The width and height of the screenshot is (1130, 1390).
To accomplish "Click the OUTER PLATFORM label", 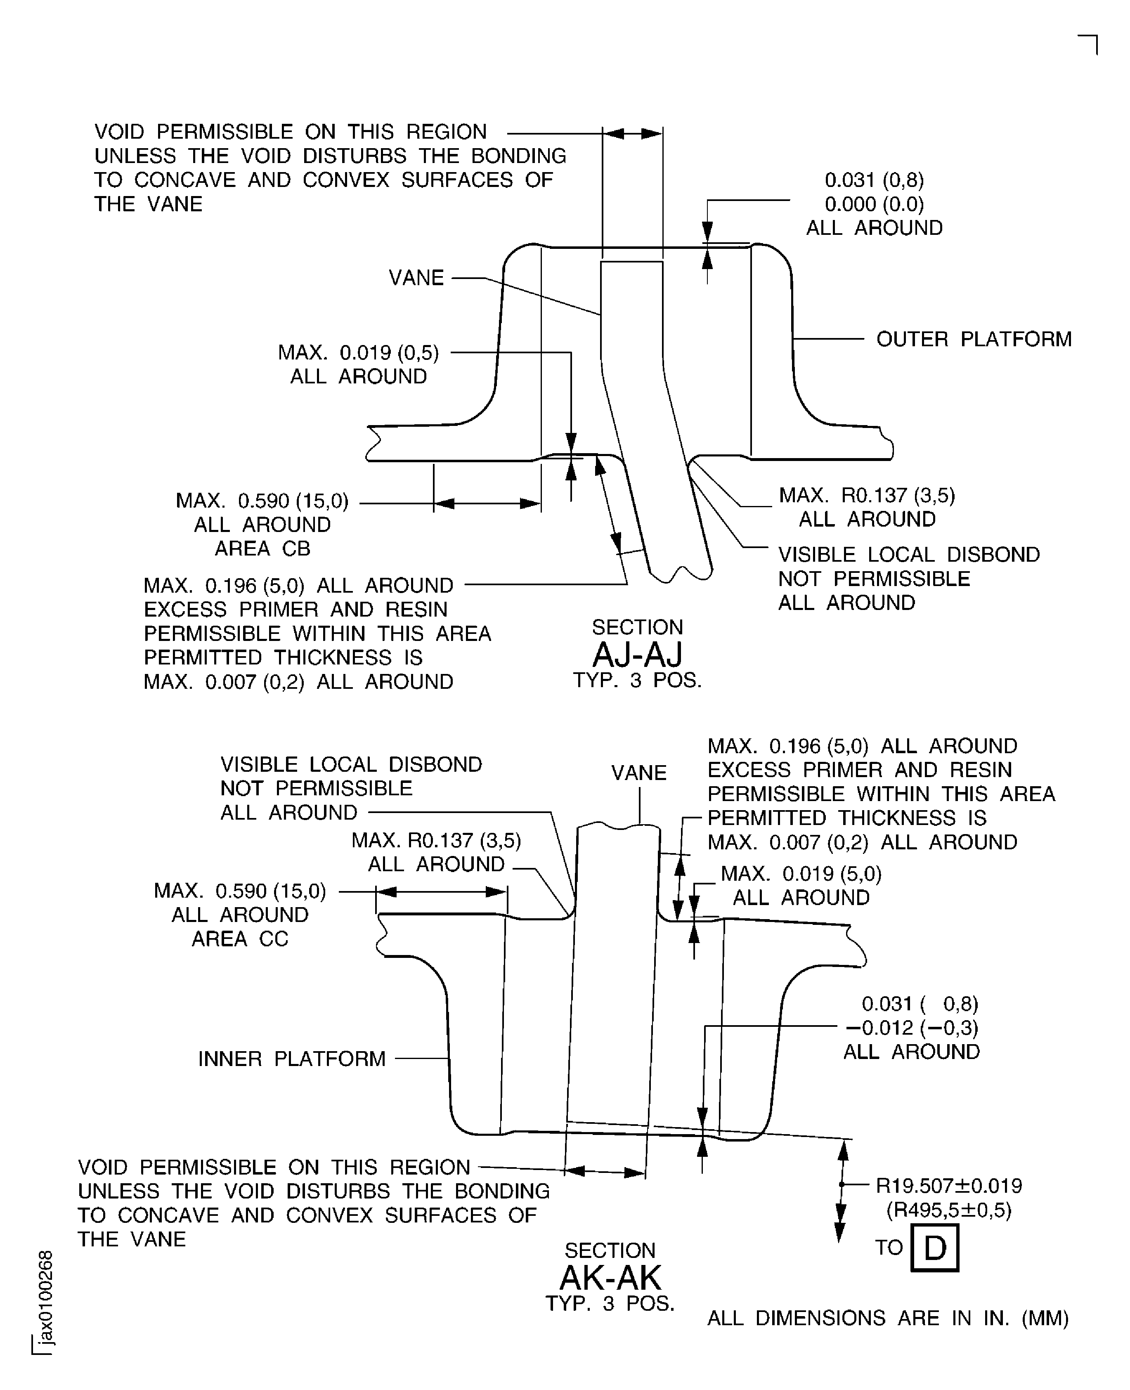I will pos(973,339).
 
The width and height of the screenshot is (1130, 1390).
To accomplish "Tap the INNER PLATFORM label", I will pos(292,1059).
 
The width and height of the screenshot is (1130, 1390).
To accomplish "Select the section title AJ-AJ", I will pos(637,655).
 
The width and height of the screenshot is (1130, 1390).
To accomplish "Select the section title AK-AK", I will pos(610,1278).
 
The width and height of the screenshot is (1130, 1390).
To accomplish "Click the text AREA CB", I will pos(262,548).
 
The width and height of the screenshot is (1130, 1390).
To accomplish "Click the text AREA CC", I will pos(239,938).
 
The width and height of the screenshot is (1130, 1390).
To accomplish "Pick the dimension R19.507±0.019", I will pos(948,1186).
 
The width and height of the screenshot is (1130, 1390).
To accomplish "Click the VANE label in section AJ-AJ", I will pos(416,278).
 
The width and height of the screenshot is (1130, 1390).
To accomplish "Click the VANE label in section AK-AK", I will pos(638,773).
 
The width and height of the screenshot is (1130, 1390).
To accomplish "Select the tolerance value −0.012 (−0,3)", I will pos(911,1028).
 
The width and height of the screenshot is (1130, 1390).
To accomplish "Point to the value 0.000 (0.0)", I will pos(874,204).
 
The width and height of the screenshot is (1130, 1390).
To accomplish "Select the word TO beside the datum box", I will pos(889,1248).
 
